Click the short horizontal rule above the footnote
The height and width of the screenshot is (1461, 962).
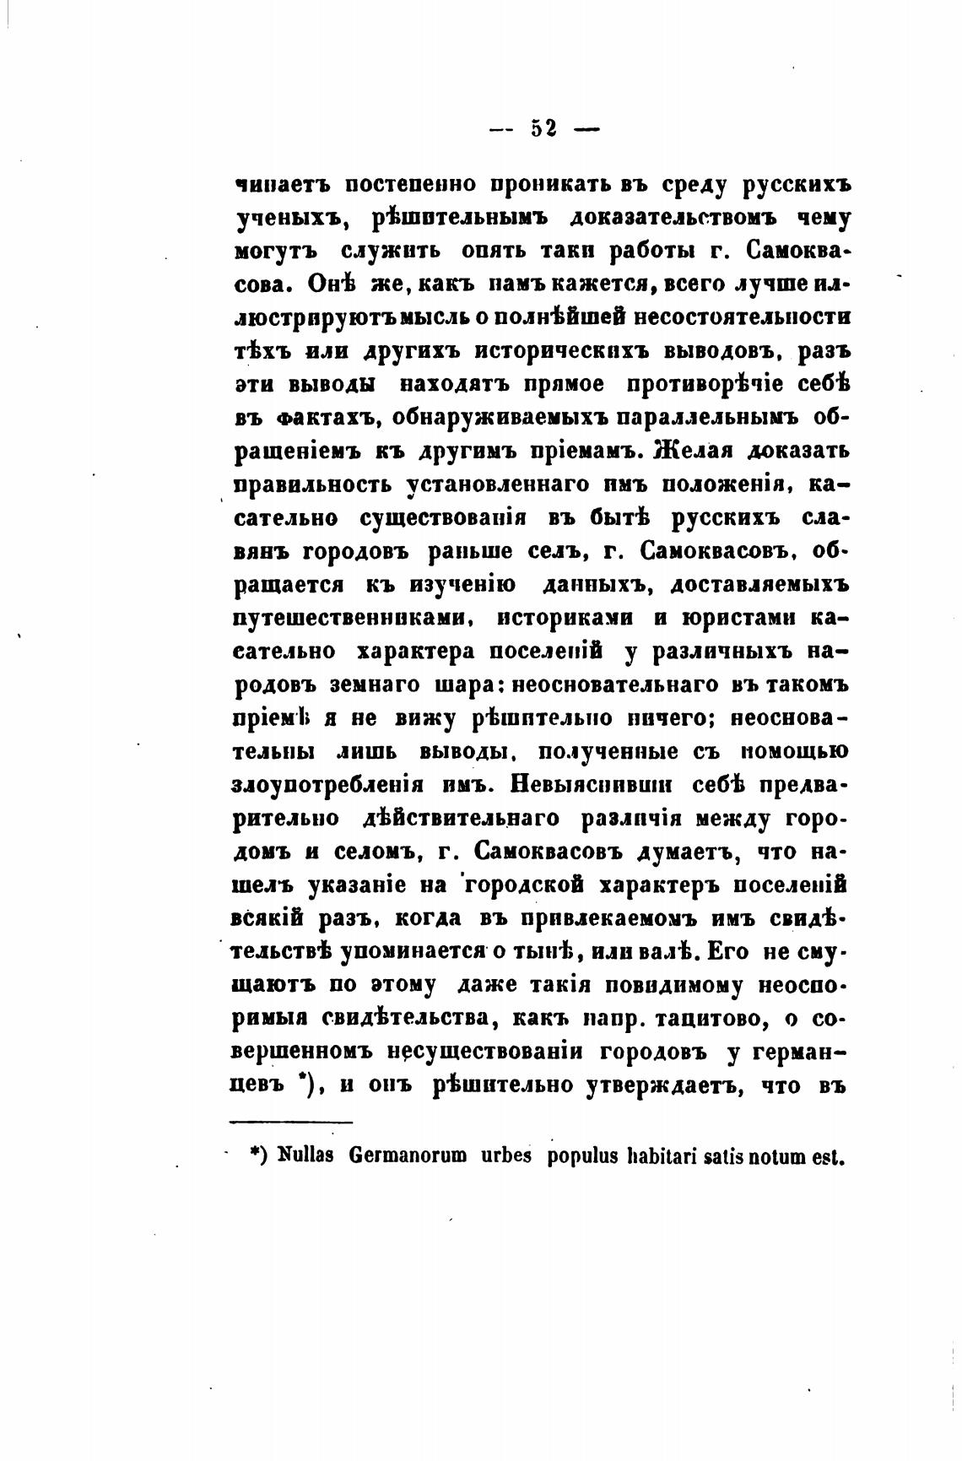click(290, 1122)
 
